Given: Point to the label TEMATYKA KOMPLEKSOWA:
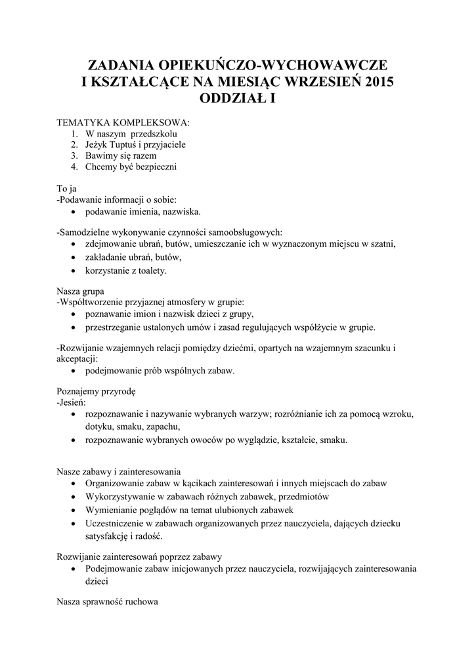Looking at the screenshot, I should click(123, 123).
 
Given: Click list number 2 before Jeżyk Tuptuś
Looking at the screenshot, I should click(76, 144).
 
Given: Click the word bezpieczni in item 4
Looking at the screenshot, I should click(154, 167).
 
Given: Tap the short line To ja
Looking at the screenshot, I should click(67, 189).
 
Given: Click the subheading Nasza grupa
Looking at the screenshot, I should click(80, 291).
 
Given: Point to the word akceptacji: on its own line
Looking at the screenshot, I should click(77, 358).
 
